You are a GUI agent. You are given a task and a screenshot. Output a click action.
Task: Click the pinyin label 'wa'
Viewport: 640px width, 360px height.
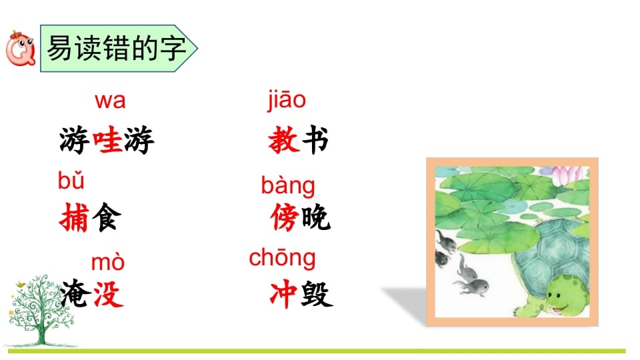(x=110, y=101)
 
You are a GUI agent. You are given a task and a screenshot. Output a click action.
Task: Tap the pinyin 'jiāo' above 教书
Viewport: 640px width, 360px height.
(x=286, y=100)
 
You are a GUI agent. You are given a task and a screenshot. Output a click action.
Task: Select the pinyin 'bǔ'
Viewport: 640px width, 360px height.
(x=71, y=180)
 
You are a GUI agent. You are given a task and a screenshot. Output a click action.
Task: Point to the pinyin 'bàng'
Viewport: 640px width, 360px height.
(x=288, y=185)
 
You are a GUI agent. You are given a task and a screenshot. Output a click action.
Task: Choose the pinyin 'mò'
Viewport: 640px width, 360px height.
(x=107, y=262)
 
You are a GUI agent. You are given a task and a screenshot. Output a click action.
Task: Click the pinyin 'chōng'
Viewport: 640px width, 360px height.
(x=282, y=257)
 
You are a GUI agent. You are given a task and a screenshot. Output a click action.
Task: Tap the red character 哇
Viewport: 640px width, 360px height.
(x=107, y=141)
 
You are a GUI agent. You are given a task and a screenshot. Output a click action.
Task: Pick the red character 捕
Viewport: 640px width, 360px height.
(x=73, y=218)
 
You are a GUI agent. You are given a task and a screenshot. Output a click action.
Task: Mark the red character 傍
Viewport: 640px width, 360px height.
(x=285, y=218)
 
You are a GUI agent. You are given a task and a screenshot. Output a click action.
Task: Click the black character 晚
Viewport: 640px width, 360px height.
(x=315, y=218)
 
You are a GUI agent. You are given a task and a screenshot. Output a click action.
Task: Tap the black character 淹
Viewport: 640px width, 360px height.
(x=73, y=295)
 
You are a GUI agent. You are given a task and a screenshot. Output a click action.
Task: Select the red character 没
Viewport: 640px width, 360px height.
(x=107, y=295)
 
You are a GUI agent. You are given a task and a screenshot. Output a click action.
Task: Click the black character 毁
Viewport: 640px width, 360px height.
(x=317, y=295)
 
